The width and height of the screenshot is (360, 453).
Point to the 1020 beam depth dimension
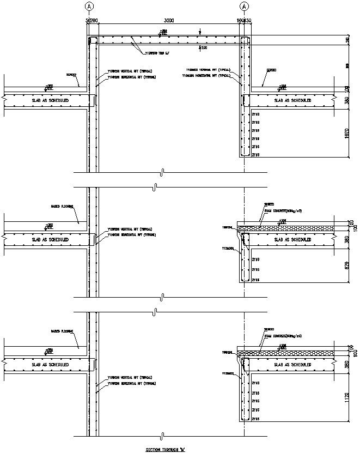point(348,134)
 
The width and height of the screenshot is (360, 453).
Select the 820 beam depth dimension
point(348,265)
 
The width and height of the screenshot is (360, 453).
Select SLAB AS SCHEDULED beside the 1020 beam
point(292,101)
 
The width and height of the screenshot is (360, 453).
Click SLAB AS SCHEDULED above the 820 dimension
point(292,239)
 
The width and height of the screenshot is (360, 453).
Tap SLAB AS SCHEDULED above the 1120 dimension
point(292,364)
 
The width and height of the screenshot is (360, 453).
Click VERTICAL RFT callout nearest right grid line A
point(209,70)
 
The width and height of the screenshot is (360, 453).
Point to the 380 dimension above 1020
point(348,101)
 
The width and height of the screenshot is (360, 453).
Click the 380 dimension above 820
point(348,239)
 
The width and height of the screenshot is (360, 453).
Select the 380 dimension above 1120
point(348,364)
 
